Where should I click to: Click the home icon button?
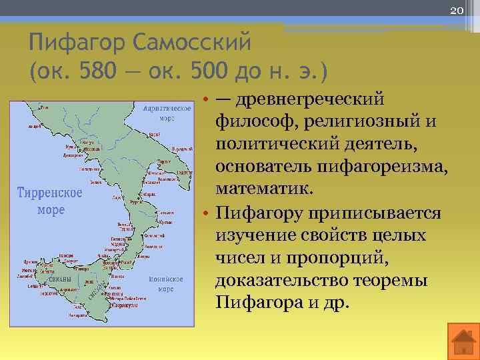461,342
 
